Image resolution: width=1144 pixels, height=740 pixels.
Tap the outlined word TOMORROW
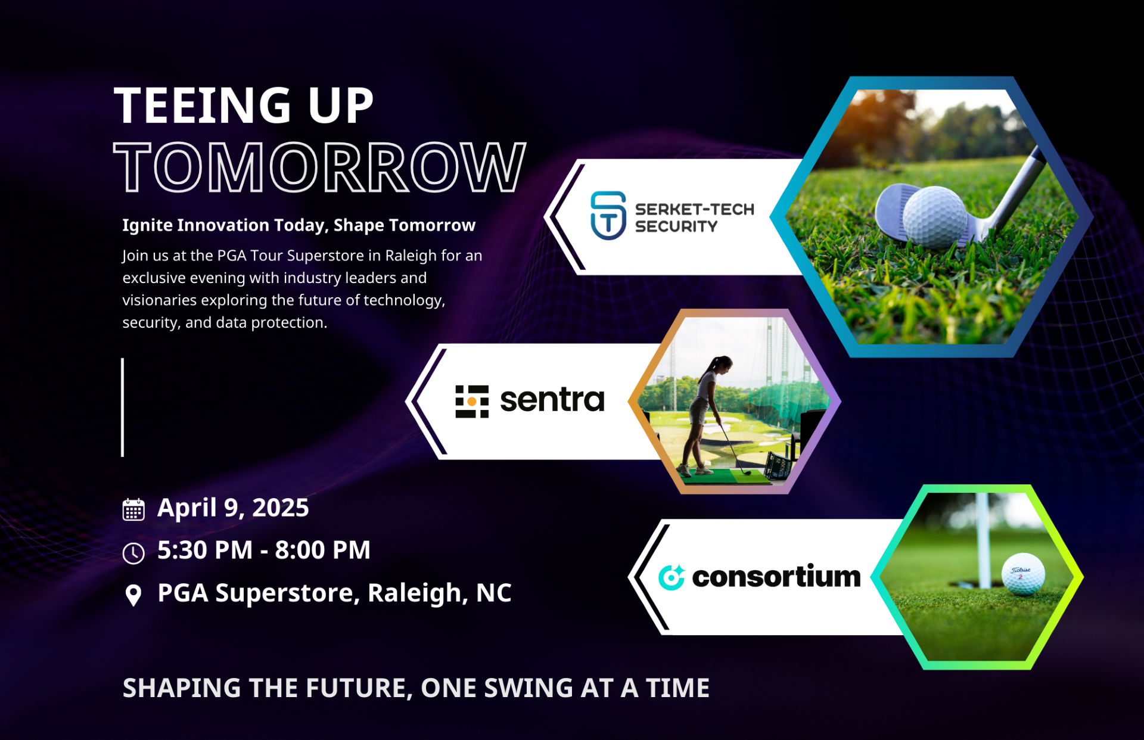point(320,167)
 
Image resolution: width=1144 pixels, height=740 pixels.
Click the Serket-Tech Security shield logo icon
point(608,216)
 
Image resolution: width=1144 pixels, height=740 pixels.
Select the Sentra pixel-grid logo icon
point(472,402)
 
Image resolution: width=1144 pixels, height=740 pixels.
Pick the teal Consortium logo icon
point(672,577)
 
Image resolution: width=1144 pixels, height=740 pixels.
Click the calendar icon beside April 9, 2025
point(133,509)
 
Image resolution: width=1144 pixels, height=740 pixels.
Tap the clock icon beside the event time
point(133,553)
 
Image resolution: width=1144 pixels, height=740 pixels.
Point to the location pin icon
point(133,595)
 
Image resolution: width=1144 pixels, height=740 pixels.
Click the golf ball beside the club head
point(934,217)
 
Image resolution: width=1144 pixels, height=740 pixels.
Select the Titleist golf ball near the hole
point(1023,573)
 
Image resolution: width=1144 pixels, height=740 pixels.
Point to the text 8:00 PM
point(322,550)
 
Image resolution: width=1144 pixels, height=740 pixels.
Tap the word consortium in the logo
point(776,576)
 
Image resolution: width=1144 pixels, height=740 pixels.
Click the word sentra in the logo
point(552,400)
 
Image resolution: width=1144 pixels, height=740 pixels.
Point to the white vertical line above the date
point(123,408)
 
